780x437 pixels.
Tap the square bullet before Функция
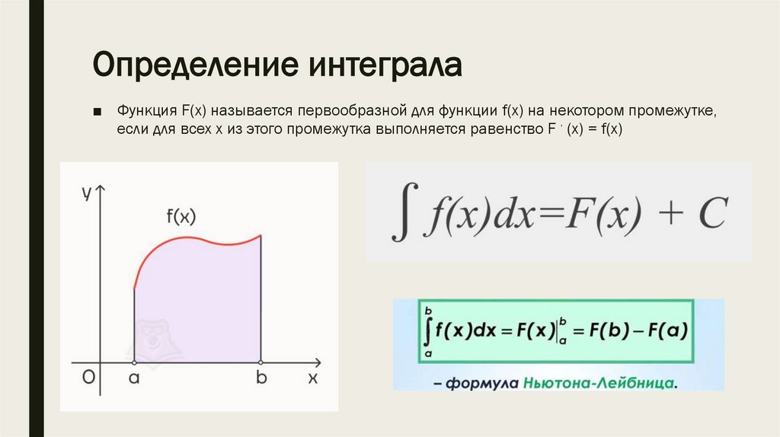point(97,112)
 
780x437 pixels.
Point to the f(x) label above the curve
point(181,216)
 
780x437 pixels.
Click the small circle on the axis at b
point(261,362)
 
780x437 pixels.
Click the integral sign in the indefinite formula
point(401,215)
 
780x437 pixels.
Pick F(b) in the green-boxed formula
point(605,331)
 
